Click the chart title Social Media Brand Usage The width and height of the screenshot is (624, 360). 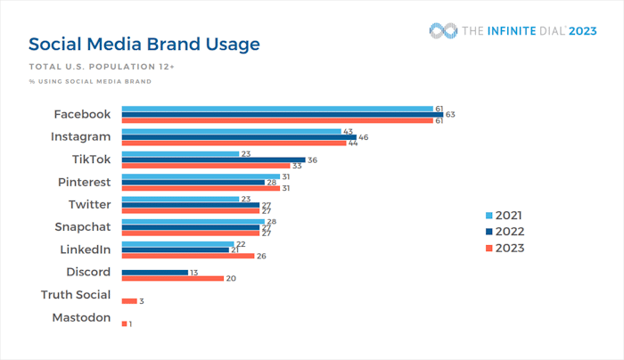(144, 44)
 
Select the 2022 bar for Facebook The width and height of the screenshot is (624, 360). (282, 114)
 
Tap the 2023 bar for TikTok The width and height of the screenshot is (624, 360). (205, 166)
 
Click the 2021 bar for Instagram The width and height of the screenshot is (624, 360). (232, 131)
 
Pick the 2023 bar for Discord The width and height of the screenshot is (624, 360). (172, 278)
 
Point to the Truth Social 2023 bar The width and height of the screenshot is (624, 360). (128, 301)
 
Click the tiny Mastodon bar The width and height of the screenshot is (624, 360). (124, 323)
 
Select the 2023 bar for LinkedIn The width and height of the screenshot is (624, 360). (187, 256)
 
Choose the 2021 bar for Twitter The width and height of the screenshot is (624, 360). (180, 199)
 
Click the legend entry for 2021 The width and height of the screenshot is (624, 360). (505, 216)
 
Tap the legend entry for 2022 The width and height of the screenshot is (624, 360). (505, 232)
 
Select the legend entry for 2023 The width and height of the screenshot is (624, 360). (505, 248)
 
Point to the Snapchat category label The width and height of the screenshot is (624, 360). (82, 227)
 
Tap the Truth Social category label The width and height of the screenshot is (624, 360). (76, 295)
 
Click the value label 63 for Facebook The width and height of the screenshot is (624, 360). (450, 115)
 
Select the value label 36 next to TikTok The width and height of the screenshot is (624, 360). (312, 160)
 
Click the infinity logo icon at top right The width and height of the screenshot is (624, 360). (442, 31)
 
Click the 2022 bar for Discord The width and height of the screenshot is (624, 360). (154, 272)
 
